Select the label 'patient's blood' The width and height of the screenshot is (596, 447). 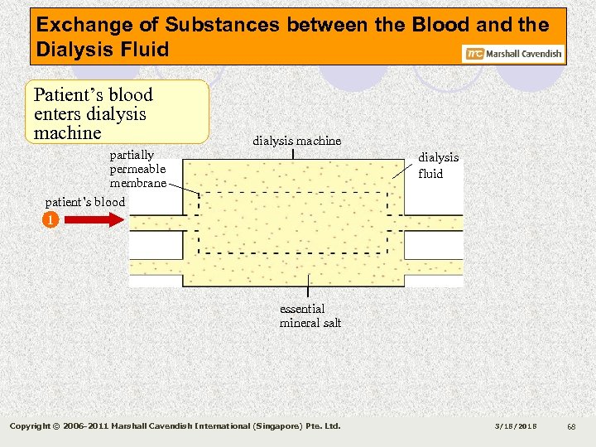[84, 202]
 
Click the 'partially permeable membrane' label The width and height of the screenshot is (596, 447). [137, 169]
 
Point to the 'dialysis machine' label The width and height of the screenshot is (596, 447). [296, 141]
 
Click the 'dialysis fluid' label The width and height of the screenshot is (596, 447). [438, 166]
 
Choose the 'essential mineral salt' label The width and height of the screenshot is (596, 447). [310, 315]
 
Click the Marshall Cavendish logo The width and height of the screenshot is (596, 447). [514, 54]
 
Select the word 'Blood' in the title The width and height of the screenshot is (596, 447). [463, 25]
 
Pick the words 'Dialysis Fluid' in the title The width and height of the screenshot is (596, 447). [102, 50]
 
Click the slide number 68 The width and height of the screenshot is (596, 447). [571, 426]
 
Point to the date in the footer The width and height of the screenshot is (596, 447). [515, 426]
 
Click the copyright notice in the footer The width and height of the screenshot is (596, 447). [175, 426]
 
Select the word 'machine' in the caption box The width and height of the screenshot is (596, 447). [67, 132]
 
